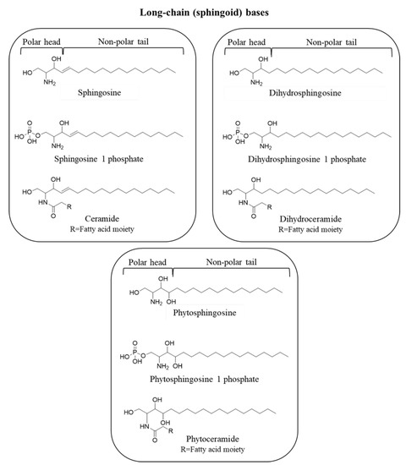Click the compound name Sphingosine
coord(101,108)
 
